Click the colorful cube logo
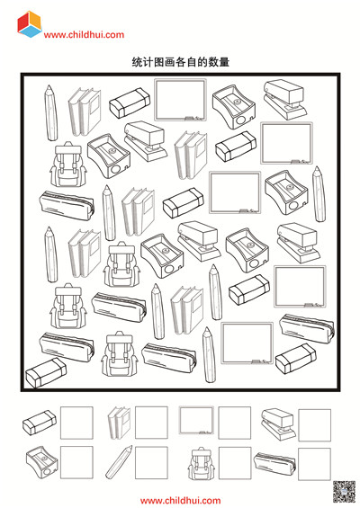pos(30,24)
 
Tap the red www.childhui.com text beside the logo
pos(84,35)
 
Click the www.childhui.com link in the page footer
pos(180,501)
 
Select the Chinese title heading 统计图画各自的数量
pos(181,61)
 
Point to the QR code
pos(345,492)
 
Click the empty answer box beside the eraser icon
pos(76,423)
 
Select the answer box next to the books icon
pos(151,423)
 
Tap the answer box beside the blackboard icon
pos(235,423)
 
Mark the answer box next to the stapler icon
pos(315,425)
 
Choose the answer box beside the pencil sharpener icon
pos(76,462)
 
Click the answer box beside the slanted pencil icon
pos(151,463)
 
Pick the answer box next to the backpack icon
pos(235,463)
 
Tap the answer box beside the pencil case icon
pos(314,464)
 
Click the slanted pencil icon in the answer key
pos(119,461)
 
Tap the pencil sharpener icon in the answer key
pos(42,462)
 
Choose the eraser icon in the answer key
pos(40,423)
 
